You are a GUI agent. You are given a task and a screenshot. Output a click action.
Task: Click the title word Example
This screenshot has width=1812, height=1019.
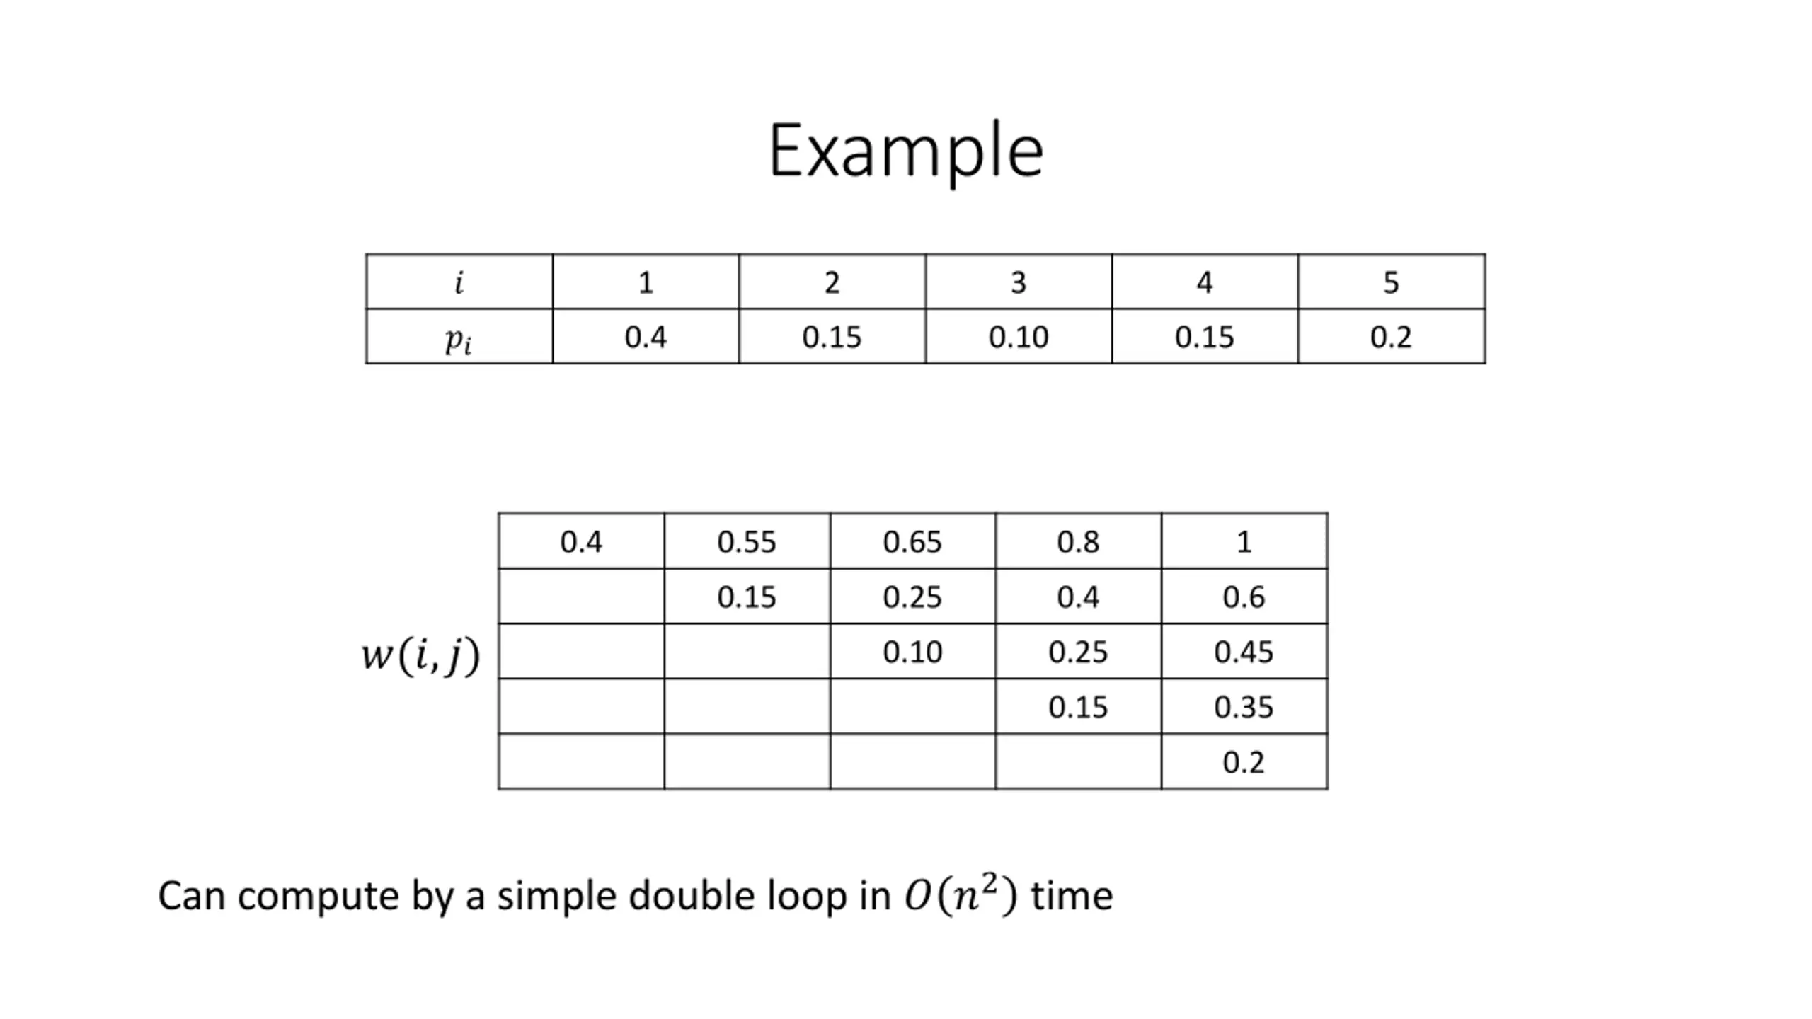(x=905, y=151)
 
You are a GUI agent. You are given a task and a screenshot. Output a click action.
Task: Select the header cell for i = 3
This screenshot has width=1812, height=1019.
(x=1018, y=282)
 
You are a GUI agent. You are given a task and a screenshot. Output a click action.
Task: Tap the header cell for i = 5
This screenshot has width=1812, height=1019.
(x=1391, y=282)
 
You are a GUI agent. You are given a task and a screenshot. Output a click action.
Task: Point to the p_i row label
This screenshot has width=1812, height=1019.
(x=459, y=338)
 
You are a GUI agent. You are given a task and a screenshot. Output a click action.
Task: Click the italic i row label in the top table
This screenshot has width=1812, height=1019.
(x=459, y=282)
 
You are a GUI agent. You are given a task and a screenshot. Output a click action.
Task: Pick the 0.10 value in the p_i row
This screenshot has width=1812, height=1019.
(x=1018, y=337)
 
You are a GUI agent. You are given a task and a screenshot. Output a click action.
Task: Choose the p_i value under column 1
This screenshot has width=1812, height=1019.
(x=645, y=337)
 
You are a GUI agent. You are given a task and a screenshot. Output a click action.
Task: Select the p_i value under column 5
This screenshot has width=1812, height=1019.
(x=1391, y=337)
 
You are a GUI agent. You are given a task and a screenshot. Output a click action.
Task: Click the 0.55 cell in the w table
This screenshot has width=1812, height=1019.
(x=746, y=542)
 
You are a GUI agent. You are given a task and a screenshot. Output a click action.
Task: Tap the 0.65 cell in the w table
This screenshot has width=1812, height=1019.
(x=912, y=542)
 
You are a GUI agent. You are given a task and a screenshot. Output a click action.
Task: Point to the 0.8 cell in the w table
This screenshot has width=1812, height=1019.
(x=1077, y=542)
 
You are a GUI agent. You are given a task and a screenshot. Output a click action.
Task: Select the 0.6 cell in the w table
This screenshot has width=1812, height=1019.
(x=1243, y=597)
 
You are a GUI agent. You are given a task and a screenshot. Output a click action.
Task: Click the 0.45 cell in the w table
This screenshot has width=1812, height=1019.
(x=1243, y=652)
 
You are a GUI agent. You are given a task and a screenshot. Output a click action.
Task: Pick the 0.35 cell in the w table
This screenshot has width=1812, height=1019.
(x=1243, y=707)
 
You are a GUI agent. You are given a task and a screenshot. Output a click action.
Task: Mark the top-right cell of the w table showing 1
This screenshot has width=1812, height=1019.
(x=1243, y=542)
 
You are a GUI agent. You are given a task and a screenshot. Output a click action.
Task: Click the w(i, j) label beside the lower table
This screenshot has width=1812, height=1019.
(x=420, y=655)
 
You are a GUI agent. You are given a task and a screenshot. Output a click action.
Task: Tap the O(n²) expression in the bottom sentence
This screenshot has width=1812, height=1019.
(x=961, y=895)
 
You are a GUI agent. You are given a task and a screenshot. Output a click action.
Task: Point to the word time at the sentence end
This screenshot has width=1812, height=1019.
(x=1072, y=896)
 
